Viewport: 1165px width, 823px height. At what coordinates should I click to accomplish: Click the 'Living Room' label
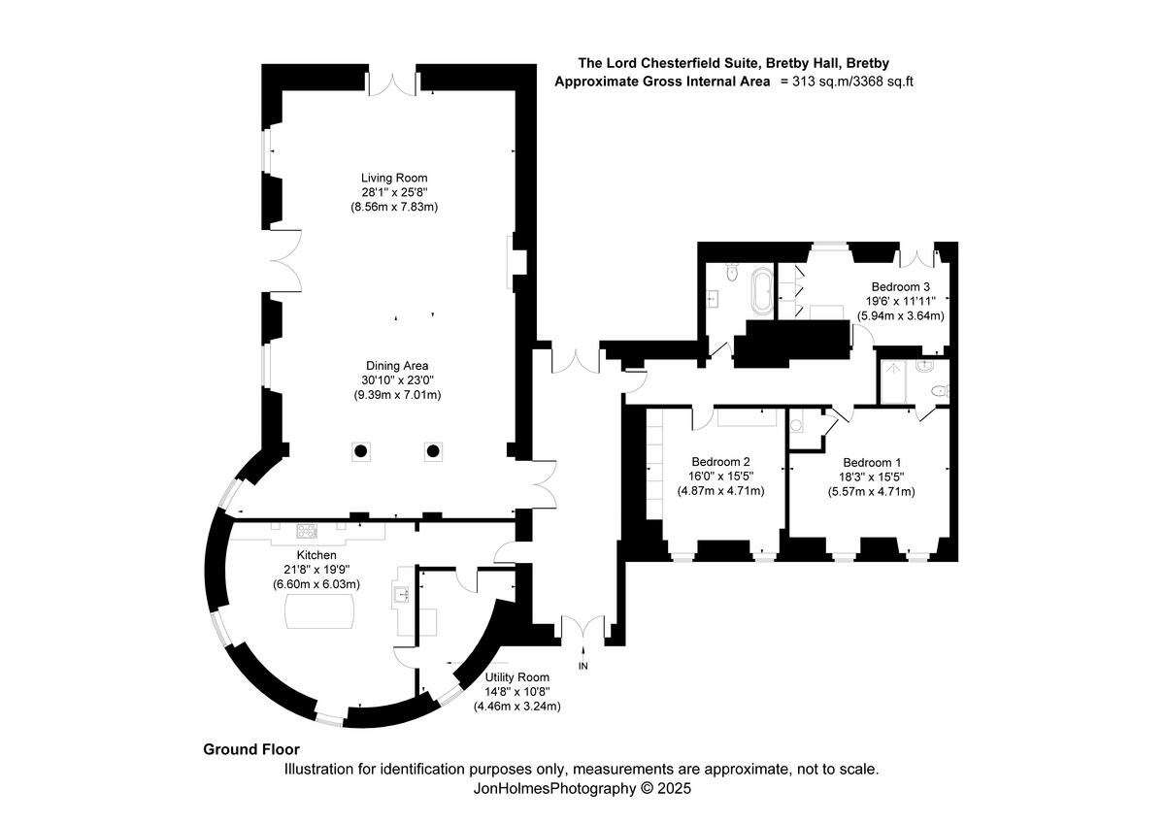(x=394, y=178)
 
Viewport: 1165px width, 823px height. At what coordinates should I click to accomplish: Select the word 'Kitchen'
(x=316, y=554)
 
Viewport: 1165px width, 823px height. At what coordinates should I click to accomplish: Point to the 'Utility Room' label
(x=516, y=677)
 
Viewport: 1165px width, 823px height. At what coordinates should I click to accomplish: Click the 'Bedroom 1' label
(x=871, y=462)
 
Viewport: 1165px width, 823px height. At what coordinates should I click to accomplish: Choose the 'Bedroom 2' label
(x=720, y=462)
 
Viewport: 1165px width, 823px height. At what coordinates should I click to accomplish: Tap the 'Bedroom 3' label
(x=900, y=286)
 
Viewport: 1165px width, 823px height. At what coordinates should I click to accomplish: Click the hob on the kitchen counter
(x=307, y=530)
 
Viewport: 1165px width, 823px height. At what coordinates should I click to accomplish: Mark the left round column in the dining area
(x=360, y=450)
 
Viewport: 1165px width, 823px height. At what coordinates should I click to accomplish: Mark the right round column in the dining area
(x=432, y=450)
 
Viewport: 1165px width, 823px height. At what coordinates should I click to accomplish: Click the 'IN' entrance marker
(x=583, y=666)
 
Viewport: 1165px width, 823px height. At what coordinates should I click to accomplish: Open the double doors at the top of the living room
(x=392, y=83)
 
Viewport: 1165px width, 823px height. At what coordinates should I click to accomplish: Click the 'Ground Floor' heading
(x=251, y=749)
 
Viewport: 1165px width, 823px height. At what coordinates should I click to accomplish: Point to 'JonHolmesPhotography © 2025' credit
(x=582, y=789)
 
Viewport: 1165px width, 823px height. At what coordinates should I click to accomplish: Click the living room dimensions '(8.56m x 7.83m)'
(x=394, y=207)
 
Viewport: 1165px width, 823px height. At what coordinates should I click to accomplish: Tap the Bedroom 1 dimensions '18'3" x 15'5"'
(x=871, y=477)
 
